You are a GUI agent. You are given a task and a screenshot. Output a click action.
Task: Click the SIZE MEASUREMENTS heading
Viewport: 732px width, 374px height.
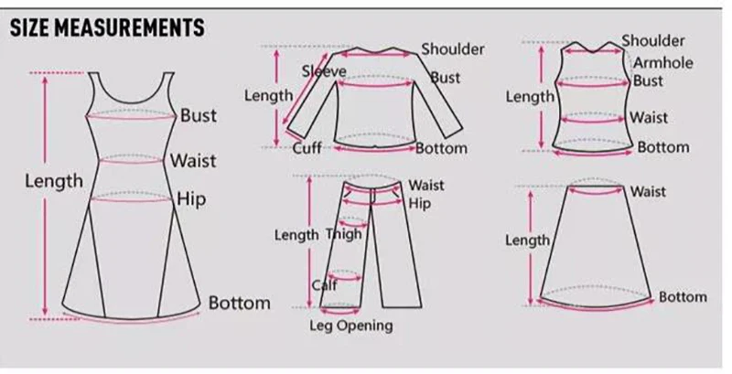[107, 27]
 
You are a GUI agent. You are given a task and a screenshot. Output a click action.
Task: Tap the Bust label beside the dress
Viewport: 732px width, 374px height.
[199, 115]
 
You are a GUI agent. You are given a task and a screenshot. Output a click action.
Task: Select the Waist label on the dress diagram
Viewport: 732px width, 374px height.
[193, 161]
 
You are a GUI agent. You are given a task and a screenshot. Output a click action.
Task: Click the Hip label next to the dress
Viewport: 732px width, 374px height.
[191, 198]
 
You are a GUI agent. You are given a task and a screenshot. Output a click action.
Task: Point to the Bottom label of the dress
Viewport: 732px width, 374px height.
[240, 303]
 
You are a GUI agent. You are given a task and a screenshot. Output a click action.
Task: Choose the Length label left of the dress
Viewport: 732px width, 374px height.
[54, 181]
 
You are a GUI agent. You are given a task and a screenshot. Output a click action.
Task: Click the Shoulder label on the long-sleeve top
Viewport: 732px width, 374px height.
[453, 49]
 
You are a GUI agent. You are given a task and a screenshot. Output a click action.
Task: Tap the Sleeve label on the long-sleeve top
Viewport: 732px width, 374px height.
[324, 71]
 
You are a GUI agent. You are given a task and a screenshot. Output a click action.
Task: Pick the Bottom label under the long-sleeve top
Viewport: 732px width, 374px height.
[441, 148]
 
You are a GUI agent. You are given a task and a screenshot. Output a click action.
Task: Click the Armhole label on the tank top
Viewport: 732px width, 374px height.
[663, 63]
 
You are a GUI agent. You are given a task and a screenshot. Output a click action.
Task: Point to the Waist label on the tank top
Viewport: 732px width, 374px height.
[649, 117]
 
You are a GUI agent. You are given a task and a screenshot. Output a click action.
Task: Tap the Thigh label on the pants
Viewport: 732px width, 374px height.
[344, 235]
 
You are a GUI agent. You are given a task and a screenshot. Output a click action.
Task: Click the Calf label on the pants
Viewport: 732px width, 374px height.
[324, 285]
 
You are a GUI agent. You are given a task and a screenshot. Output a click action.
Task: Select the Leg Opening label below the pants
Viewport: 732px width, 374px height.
[350, 326]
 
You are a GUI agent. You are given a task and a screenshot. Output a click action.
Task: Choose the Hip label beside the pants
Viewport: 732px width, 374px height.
[419, 202]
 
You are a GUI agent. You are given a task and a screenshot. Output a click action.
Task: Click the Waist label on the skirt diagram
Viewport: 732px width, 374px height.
[648, 191]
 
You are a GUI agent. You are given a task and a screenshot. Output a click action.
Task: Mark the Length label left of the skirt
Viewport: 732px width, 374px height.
[528, 240]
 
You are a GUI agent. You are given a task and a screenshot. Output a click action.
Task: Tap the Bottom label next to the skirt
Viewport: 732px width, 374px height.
[683, 296]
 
